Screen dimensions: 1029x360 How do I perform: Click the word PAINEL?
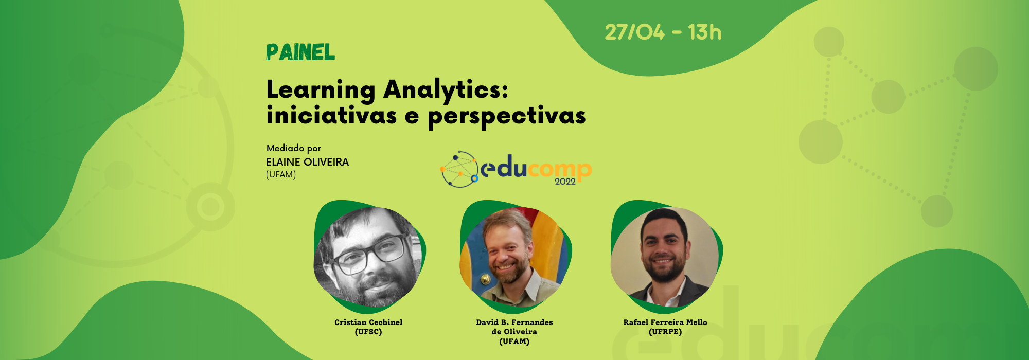[300, 52]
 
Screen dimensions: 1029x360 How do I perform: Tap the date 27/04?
[634, 32]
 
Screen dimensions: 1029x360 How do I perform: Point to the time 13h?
[705, 32]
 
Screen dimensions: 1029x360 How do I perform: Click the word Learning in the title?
[321, 91]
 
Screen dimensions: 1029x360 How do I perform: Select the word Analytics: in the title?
[446, 91]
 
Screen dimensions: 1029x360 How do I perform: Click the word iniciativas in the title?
[331, 115]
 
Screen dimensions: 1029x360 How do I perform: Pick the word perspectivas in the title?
[507, 117]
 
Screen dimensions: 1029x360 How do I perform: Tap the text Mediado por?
[294, 148]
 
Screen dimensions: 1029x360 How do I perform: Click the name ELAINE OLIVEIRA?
[307, 162]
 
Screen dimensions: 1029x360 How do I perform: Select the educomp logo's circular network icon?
[459, 169]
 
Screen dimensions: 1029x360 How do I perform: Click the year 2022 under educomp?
[565, 182]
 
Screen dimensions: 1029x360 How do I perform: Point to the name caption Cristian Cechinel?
[368, 322]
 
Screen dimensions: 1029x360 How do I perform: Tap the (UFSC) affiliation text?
[368, 332]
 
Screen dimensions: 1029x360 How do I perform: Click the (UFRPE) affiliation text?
[665, 332]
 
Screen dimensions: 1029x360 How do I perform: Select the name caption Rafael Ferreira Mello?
[665, 322]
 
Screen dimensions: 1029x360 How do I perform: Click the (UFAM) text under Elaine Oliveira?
[281, 175]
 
